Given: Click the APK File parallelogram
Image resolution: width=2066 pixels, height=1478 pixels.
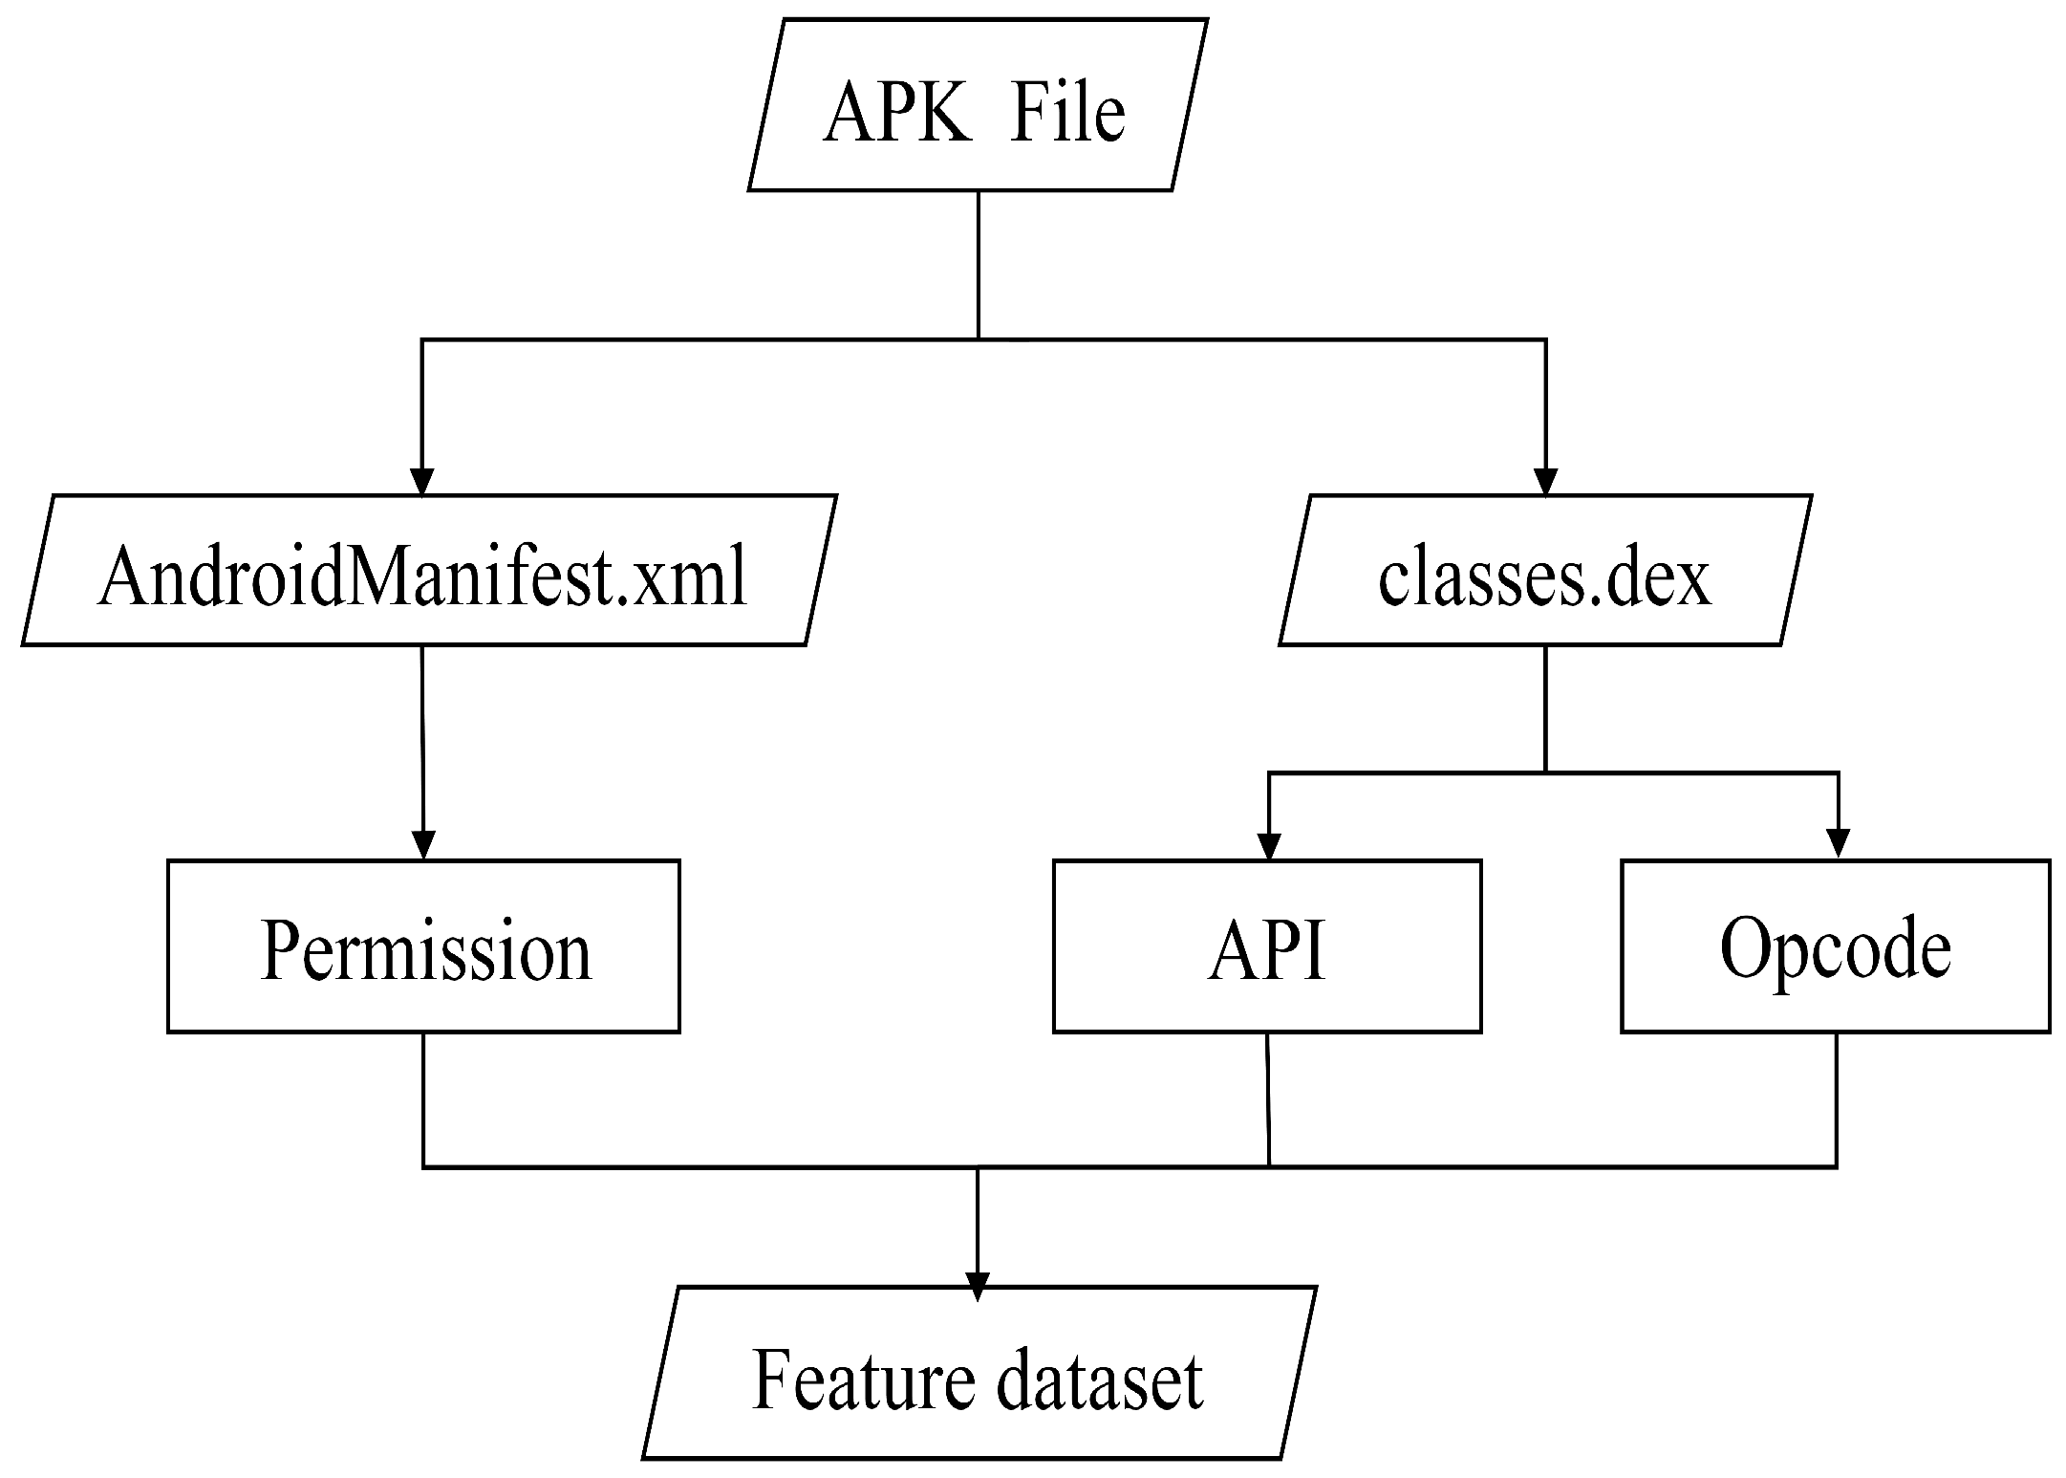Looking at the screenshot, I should click(977, 105).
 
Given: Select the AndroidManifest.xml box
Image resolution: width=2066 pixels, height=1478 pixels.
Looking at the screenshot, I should click(428, 571).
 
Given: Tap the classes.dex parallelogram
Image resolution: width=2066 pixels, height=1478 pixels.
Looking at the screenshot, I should click(1544, 571).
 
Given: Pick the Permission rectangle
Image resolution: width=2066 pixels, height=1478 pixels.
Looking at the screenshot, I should click(423, 945).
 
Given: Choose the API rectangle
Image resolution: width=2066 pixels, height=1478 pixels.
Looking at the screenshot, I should click(1267, 945).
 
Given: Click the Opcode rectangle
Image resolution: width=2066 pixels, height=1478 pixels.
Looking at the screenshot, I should click(1835, 945).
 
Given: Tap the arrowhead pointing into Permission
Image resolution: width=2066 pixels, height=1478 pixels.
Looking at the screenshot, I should click(422, 845).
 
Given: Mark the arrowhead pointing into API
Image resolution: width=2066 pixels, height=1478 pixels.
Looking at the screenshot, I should click(1268, 845).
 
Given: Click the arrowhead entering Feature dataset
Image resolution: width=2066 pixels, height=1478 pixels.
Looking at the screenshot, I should click(977, 1286).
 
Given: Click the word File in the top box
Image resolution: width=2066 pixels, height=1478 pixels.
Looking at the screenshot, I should click(1066, 113).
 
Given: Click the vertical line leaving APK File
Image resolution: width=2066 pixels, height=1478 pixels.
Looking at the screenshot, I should click(978, 263).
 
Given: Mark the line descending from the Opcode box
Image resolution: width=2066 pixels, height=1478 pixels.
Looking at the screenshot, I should click(1836, 1099).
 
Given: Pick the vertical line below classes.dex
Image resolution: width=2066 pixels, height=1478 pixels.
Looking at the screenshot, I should click(1545, 707).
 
